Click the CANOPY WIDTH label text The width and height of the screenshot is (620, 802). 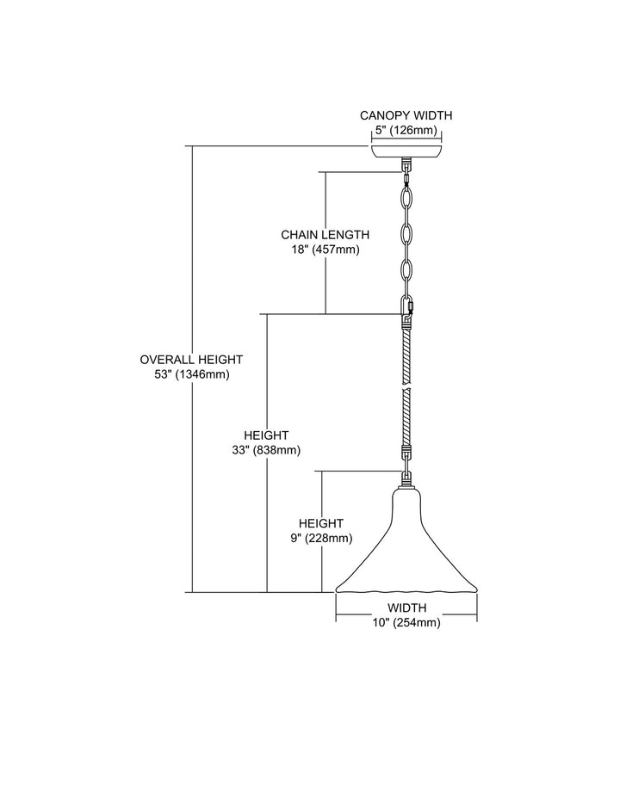(406, 115)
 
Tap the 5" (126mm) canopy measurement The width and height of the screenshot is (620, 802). (406, 130)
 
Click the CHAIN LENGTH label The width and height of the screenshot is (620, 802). (325, 234)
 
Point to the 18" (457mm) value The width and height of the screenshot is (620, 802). (325, 249)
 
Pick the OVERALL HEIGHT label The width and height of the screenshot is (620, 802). (191, 359)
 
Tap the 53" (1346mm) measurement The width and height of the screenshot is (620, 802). (191, 374)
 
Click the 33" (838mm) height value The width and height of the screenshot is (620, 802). (271, 450)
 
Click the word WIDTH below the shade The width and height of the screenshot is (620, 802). (406, 608)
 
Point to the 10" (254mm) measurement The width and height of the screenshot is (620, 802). (406, 623)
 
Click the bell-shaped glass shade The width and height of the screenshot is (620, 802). (406, 551)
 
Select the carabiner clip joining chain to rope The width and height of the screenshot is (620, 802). (407, 305)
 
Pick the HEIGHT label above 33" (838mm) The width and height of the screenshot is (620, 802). (271, 435)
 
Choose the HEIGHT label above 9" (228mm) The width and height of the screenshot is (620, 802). (320, 523)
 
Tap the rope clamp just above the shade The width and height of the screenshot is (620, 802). (406, 449)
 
